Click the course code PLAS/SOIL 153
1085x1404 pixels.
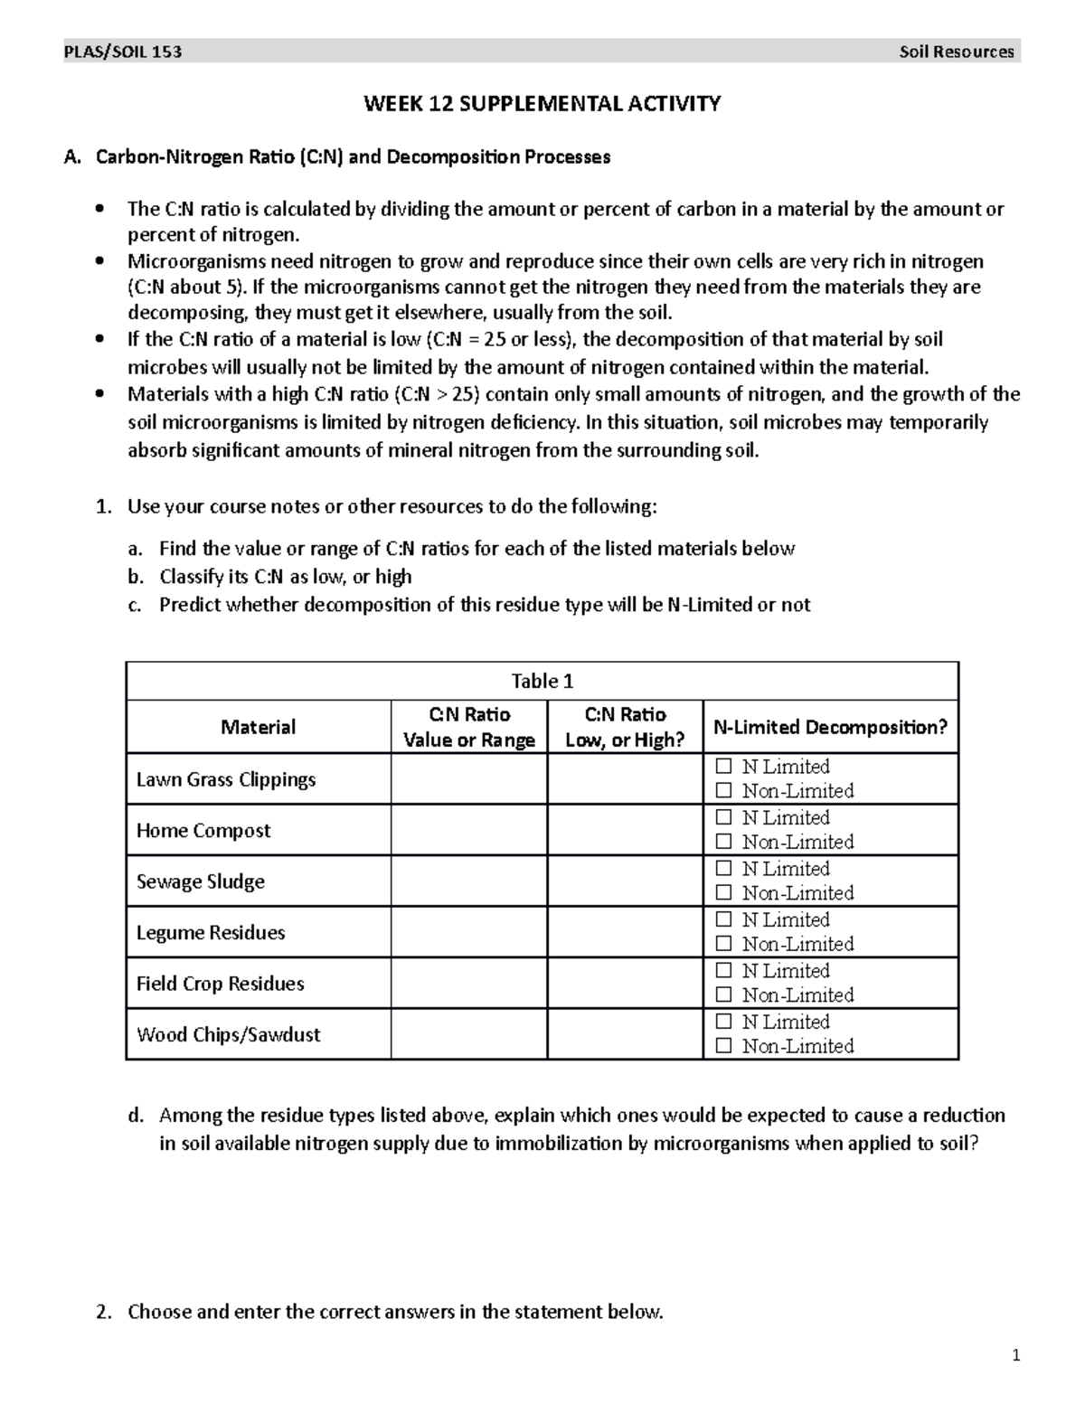coord(123,52)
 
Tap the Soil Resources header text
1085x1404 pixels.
coord(957,52)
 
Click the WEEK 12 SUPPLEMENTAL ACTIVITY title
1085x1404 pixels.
coord(542,104)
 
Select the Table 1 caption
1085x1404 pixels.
coord(542,681)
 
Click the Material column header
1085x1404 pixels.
coord(259,727)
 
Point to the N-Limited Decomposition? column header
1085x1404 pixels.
coord(830,727)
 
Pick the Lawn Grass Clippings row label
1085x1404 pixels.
coord(226,779)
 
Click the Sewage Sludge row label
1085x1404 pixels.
coord(201,881)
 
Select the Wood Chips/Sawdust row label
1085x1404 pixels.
coord(229,1034)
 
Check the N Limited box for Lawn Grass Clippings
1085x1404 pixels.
coord(722,767)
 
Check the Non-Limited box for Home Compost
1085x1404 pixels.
coord(722,843)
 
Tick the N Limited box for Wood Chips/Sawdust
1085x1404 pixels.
coord(722,1022)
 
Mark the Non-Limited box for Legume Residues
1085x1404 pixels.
coord(722,945)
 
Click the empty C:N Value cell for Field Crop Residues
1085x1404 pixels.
coord(468,984)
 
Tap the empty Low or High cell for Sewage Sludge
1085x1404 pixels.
coord(625,881)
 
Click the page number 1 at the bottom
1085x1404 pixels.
coord(1016,1355)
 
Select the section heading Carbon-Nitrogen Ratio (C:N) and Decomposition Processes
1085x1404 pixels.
coord(353,157)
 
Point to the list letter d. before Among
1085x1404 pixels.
coord(135,1116)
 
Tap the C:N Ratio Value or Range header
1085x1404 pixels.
coord(468,727)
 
